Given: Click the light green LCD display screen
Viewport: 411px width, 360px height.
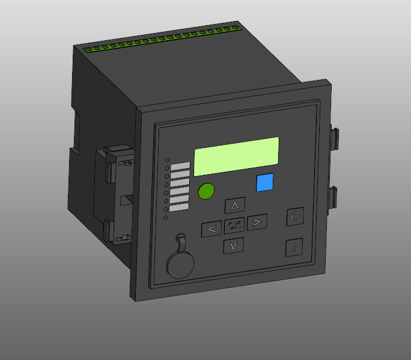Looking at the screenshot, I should pos(236,156).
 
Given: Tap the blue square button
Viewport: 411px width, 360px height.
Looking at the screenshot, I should pos(265,183).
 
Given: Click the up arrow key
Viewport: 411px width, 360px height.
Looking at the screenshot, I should pos(235,206).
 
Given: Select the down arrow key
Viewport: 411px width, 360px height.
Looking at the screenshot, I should pos(234,245).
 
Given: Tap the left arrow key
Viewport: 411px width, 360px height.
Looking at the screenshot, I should pos(211,228).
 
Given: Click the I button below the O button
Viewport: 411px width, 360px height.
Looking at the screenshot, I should pos(294,246).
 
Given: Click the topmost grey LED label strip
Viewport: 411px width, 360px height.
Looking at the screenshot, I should pos(180,166).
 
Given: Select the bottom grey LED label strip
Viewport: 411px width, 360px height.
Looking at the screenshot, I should pos(180,207).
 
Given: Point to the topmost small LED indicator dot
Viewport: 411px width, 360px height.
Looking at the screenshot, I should pos(168,160).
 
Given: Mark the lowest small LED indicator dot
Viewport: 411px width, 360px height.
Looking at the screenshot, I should pos(165,217).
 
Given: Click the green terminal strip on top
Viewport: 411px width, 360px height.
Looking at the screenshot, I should pos(162,38).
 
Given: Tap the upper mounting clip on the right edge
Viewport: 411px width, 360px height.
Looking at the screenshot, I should pos(335,137).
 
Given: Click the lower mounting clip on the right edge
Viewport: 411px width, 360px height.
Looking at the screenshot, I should pos(333,198).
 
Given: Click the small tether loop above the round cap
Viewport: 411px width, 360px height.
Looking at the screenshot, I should pos(181,242).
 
